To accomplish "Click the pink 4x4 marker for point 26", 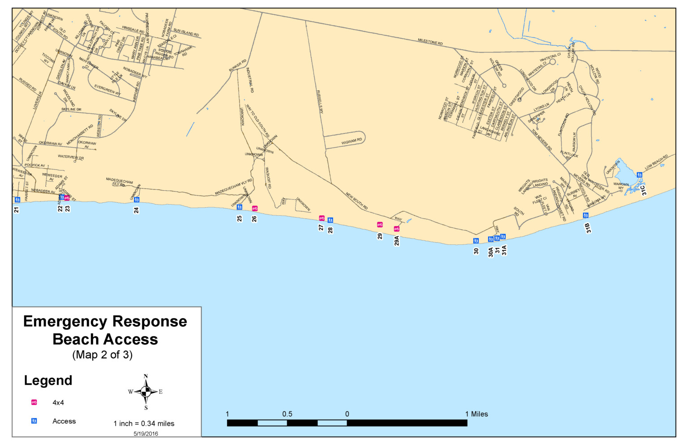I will point(255,208).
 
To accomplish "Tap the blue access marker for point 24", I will point(137,200).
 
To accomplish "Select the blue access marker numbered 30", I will point(476,241).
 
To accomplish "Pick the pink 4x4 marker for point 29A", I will point(396,229).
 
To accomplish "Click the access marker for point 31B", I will point(585,215).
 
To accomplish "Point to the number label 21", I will point(17,210).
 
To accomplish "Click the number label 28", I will point(331,231).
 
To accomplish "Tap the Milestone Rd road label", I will point(430,42).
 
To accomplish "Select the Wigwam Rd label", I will point(352,141).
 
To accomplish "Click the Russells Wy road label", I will point(320,102).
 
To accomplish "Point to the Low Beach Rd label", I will point(656,162).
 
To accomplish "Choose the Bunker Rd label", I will point(237,65).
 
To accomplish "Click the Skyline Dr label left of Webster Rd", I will point(71,109).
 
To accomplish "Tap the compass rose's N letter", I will point(146,377).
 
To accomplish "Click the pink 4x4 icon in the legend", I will point(34,402).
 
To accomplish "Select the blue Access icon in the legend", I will point(34,421).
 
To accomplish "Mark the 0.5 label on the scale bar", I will point(287,414).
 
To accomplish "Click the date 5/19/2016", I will point(146,433).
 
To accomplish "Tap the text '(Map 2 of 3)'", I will point(103,355).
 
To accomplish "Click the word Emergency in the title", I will point(65,321).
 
